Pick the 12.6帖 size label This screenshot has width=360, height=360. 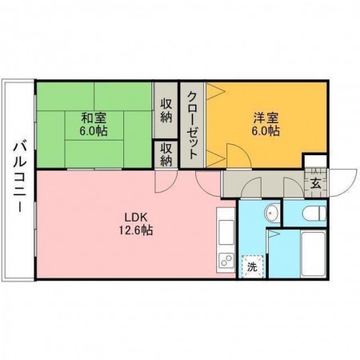click(x=133, y=230)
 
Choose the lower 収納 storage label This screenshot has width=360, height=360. click(x=166, y=154)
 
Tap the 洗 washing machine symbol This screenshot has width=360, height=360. click(x=251, y=266)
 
